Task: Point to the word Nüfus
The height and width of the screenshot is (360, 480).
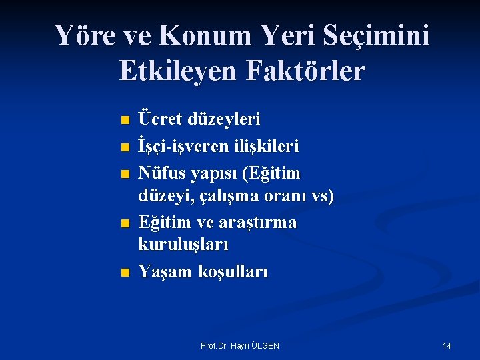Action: tap(161, 173)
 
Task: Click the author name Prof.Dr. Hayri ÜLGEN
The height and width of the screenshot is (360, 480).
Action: tap(240, 345)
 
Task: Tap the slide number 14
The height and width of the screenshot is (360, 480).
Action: tap(447, 345)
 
